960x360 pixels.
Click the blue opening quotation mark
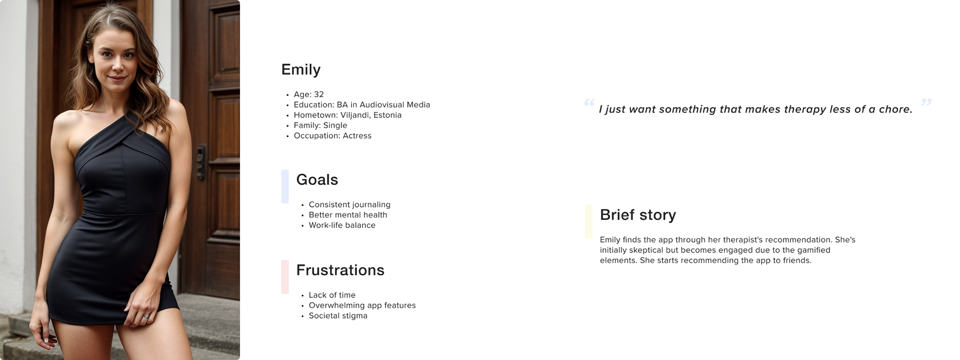[589, 102]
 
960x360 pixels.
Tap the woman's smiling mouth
[117, 78]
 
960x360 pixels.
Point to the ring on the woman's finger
[145, 317]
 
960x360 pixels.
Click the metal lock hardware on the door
[201, 161]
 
